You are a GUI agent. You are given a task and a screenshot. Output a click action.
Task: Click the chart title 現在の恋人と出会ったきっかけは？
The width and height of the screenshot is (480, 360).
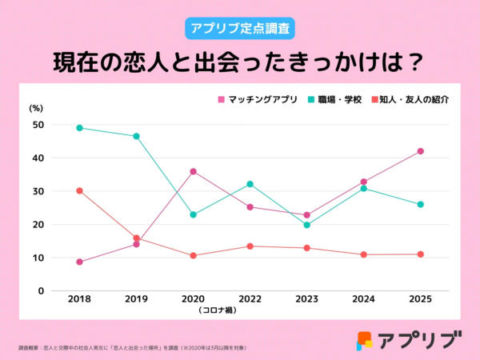coord(240,62)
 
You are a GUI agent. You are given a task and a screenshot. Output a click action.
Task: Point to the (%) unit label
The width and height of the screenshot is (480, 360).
coord(36,107)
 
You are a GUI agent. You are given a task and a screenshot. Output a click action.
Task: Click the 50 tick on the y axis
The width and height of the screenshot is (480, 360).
coord(38,125)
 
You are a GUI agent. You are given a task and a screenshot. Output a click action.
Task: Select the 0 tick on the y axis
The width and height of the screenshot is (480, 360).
coord(41,291)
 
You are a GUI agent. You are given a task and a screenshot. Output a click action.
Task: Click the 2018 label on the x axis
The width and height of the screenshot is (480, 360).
coord(79,299)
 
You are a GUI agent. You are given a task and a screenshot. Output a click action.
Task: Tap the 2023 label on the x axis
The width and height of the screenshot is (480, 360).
coord(306,299)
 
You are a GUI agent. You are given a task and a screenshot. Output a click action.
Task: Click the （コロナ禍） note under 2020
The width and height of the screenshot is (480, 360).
coord(193,310)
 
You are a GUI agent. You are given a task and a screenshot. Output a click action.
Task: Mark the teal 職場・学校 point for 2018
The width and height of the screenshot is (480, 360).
coord(79,127)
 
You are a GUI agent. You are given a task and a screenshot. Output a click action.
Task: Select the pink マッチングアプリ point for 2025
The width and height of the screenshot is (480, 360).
coord(420,151)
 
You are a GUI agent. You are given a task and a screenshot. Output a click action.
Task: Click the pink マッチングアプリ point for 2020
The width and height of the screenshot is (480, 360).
coord(193,171)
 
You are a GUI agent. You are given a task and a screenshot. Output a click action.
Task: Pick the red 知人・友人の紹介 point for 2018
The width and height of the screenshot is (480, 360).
coord(79,190)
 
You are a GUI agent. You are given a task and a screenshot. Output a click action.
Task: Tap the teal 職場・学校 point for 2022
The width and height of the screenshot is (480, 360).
coord(250,184)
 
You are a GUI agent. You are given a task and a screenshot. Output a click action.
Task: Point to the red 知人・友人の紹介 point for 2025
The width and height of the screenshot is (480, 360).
coord(420,254)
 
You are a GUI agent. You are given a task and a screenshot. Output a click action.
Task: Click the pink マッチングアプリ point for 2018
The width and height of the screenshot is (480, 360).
coord(79,262)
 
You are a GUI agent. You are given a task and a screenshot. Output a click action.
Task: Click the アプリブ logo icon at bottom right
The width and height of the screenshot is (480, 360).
coord(365,341)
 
